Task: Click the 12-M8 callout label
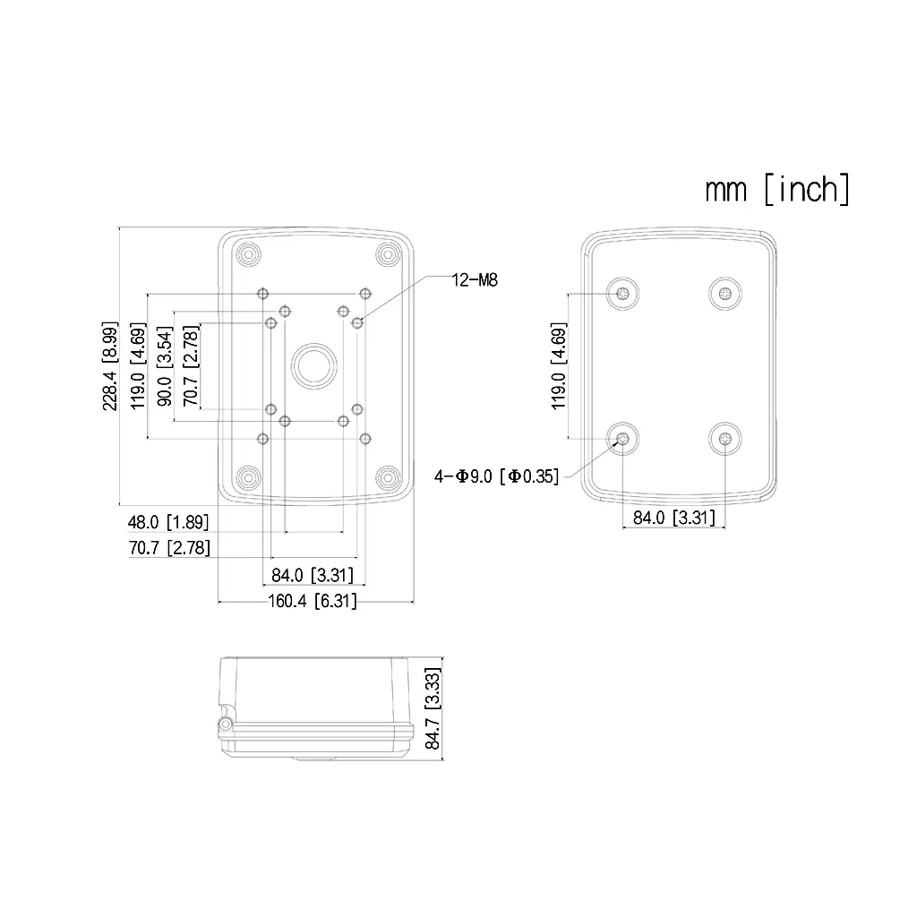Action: (475, 280)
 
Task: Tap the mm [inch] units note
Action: (777, 189)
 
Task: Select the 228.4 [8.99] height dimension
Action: (110, 365)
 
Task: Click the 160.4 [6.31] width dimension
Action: (313, 601)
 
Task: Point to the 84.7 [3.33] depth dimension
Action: (433, 708)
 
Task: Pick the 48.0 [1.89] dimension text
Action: (168, 522)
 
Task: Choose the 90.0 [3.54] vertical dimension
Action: (165, 366)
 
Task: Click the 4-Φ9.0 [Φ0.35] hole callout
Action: (496, 476)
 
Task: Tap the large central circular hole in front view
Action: (314, 366)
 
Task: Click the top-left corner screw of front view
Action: (249, 254)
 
